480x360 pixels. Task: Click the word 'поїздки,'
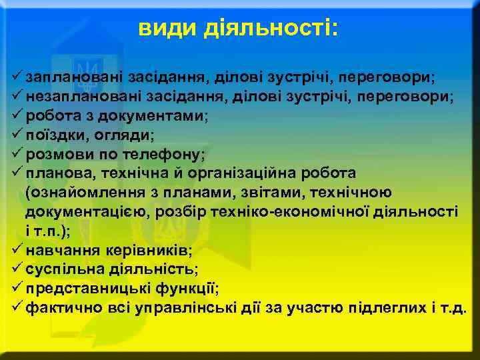click(x=55, y=135)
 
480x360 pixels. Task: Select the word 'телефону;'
click(x=165, y=155)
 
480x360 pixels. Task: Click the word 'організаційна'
click(x=260, y=173)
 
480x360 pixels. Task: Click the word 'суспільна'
click(x=61, y=270)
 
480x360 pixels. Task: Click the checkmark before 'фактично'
click(x=17, y=308)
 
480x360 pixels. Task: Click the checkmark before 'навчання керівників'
click(x=17, y=250)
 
